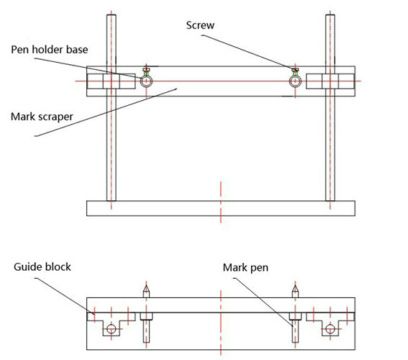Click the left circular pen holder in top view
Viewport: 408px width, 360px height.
point(147,81)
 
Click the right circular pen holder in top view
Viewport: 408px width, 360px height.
point(295,81)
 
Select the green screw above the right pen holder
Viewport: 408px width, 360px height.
point(295,71)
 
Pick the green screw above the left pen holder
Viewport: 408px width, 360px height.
point(147,71)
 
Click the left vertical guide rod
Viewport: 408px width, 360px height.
point(110,144)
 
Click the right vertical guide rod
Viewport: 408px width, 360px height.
point(331,144)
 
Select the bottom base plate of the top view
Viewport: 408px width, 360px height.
point(219,209)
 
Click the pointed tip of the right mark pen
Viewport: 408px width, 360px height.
point(294,287)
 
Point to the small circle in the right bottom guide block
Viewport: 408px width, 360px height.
point(330,330)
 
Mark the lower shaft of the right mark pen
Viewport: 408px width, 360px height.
point(294,332)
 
